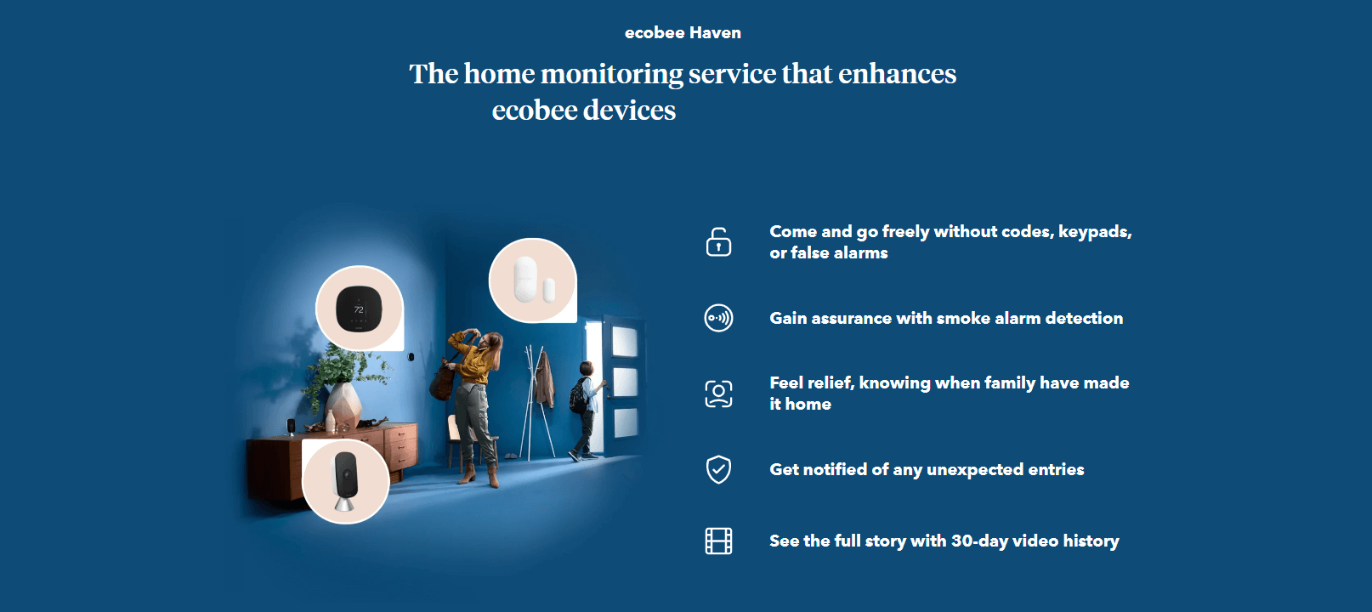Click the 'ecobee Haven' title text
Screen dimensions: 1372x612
pos(683,33)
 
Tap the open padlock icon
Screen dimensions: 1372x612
pos(718,242)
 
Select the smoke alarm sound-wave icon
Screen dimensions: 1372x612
pos(718,318)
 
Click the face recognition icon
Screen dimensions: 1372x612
pos(718,394)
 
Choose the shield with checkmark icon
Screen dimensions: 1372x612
pos(718,470)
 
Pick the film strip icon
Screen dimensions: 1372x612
pos(718,541)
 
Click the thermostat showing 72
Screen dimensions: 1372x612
pos(359,309)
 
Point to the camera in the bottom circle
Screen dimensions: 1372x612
pos(345,481)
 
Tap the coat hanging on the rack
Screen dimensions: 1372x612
pos(543,379)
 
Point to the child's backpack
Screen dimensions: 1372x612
pos(577,396)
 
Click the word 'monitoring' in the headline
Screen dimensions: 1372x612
pos(611,74)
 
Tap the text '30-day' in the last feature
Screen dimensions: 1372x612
pos(979,541)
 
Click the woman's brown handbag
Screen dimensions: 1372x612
pos(442,380)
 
